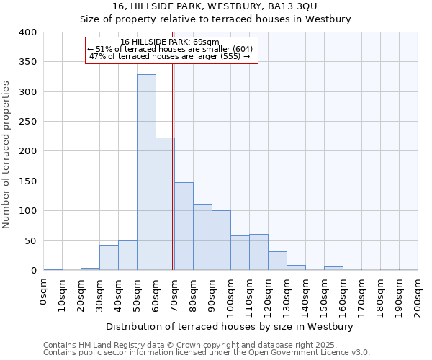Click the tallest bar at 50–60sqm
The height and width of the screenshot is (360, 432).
(x=146, y=173)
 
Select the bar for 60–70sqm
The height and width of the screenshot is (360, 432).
(x=165, y=204)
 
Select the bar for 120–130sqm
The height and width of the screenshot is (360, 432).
(x=277, y=261)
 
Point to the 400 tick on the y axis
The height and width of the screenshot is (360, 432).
(x=28, y=32)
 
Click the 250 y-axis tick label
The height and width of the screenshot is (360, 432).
(x=28, y=122)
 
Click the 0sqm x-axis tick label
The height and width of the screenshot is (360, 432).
(x=44, y=292)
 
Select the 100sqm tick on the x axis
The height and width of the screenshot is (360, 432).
(x=231, y=296)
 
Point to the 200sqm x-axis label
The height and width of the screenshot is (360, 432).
(x=418, y=296)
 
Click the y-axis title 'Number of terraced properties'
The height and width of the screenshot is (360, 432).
(x=7, y=155)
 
